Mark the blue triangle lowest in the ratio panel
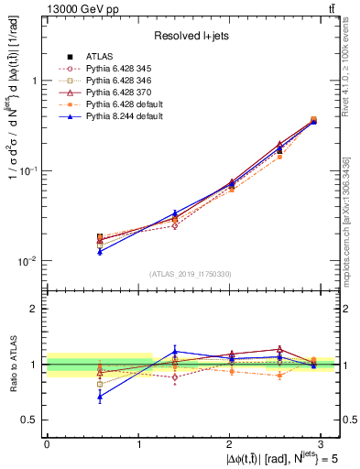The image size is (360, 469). pyautogui.click(x=100, y=397)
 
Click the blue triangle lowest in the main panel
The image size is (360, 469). pyautogui.click(x=100, y=251)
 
